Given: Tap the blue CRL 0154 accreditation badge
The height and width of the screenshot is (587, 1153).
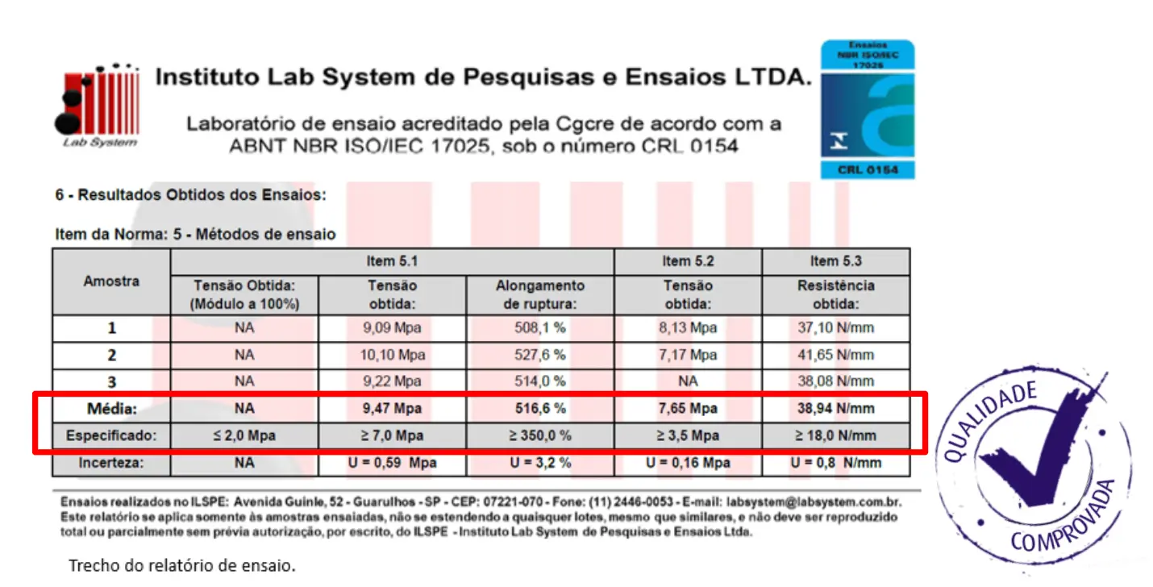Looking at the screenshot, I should point(868,110).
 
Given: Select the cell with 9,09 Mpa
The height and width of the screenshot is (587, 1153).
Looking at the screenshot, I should point(391,328).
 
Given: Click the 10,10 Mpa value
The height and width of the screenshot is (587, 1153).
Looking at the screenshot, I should point(391,355).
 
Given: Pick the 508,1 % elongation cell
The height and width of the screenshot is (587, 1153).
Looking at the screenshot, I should point(539,328).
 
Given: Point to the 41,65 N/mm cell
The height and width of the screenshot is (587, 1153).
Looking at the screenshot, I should point(835,355).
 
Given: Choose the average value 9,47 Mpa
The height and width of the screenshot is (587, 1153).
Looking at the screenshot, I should point(391,409).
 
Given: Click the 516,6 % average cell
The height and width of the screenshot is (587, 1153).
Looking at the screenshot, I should point(539,409).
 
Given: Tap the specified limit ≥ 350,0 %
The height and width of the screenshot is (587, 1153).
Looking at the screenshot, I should point(539,435).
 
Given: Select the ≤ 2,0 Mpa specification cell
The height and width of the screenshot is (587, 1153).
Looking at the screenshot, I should point(244,435).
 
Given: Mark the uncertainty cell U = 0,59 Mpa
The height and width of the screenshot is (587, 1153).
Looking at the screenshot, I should point(391,463).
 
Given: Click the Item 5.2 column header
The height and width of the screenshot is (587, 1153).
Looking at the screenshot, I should point(687,261).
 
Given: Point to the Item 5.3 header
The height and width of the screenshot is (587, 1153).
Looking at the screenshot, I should point(835,261).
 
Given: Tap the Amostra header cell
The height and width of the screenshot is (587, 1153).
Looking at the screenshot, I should point(111,281).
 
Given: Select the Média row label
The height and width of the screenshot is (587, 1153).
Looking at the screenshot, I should point(111,409).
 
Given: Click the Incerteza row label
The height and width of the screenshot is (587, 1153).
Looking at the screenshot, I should point(111,463).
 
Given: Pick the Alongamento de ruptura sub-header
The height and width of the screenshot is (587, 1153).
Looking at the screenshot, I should point(539,294).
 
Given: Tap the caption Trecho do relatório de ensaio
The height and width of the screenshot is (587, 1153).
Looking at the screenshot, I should point(181,565).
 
